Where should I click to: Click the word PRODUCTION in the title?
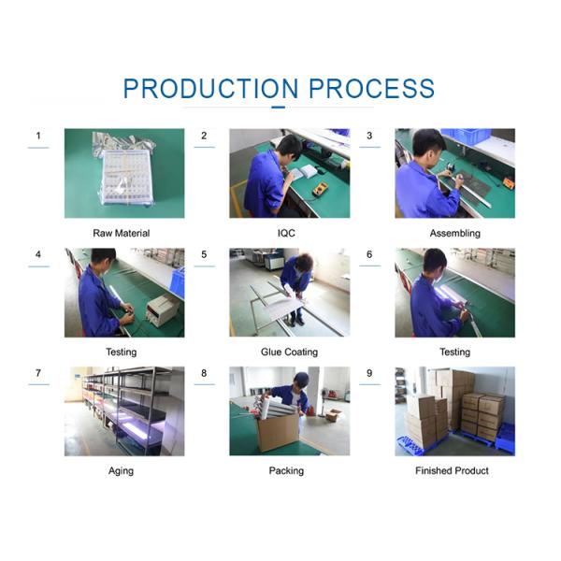point(210,89)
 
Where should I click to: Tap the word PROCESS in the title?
point(371,89)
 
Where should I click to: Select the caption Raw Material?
point(122,233)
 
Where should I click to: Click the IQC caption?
point(286,233)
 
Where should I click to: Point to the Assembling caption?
point(454,234)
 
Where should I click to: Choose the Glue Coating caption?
point(289,352)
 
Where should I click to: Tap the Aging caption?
point(121,471)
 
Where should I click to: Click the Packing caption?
point(286,471)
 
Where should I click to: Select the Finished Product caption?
point(452,470)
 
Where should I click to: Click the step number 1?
point(38,136)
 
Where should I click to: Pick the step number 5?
point(204,254)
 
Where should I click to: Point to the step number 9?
point(369,373)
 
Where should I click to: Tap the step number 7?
point(38,373)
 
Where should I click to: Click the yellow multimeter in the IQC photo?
point(320,189)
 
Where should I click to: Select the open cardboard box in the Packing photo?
point(278,432)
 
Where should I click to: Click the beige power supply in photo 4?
point(163,309)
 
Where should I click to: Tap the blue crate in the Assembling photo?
point(467,136)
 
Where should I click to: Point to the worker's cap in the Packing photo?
point(302,378)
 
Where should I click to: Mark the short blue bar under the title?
point(279,107)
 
